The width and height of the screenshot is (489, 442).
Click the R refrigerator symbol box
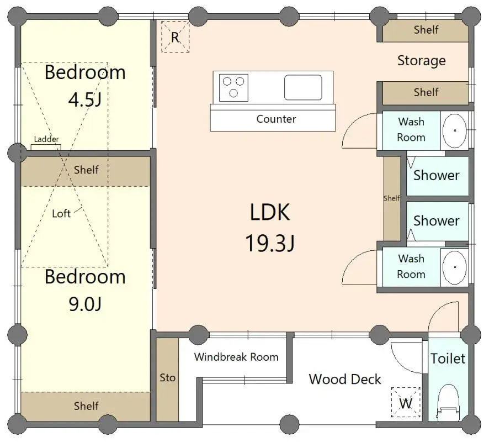point(175,38)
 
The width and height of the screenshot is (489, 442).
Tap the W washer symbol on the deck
point(406,403)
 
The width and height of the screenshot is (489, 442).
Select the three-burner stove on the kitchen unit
point(233,88)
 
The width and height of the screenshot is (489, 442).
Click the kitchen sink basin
point(303,87)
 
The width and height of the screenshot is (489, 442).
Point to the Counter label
point(276,119)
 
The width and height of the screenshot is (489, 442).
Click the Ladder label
point(46,140)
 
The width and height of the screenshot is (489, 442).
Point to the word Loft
point(61,213)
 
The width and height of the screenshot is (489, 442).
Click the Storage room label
point(421,60)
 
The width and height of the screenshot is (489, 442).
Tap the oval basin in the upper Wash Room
point(455,131)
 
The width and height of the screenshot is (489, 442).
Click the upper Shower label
point(436,175)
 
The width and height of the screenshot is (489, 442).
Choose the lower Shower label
point(436,220)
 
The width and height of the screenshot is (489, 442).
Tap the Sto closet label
point(168,377)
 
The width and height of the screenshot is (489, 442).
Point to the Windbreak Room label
point(236,356)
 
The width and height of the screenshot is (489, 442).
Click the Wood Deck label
point(345,379)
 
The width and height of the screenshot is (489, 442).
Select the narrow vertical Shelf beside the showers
point(392,198)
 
